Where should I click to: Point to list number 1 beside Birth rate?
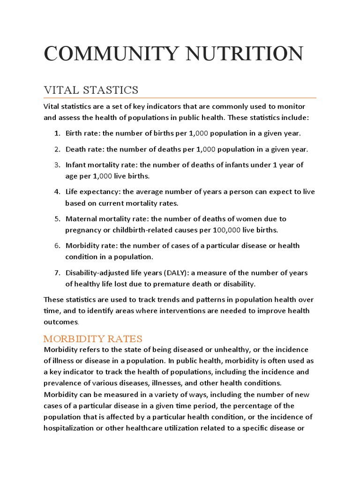coord(57,134)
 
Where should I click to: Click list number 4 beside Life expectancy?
coord(57,192)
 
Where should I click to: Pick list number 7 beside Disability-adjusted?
coord(57,273)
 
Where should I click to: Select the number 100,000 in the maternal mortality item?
coord(227,230)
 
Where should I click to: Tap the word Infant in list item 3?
coord(75,165)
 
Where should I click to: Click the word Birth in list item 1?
coord(74,134)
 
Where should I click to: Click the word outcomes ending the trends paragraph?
coord(61,322)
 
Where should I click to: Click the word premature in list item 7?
coord(191,284)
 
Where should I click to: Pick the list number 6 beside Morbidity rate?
coord(57,246)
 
